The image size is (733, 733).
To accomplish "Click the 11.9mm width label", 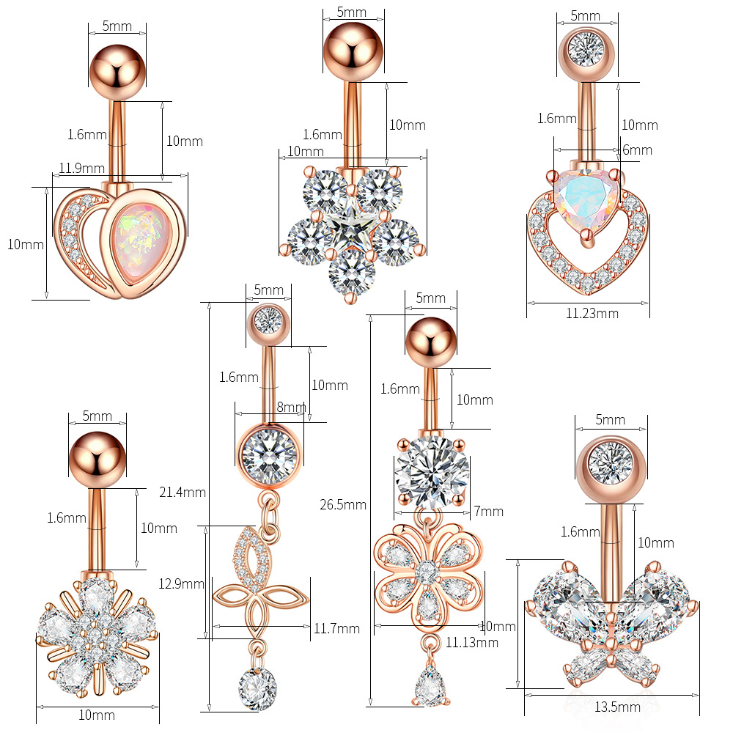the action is coord(82,169).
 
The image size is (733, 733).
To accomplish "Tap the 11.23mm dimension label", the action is coord(592,313).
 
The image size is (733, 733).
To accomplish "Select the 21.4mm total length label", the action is coord(183,493).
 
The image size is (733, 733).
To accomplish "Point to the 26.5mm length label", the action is coord(342,505).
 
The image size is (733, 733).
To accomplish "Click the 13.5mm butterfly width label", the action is coord(617,707).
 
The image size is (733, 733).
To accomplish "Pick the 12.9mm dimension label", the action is coord(181,584).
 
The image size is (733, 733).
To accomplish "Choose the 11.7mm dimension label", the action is coord(336,629).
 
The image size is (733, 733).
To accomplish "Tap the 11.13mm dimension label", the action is coord(471,643).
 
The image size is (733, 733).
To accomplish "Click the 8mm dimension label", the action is coord(291,407).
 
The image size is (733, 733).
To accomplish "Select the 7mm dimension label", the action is coord(489,512).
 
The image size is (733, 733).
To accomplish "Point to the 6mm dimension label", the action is coord(637,150).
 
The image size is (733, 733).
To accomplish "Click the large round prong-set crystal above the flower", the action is coord(432,472).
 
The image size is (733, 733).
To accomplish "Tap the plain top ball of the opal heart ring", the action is coord(118,73).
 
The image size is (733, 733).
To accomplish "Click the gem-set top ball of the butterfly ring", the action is coord(611,469).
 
